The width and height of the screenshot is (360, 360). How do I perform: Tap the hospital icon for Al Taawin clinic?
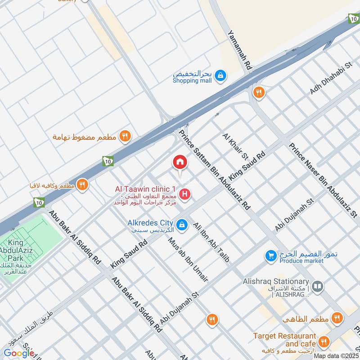coord(184,194)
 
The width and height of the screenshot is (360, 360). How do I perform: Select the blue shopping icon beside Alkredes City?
coord(181,224)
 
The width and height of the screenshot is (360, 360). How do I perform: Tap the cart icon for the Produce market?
coord(270,255)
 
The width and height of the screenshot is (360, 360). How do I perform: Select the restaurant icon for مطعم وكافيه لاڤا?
coord(81,184)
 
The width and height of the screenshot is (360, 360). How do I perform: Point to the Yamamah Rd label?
coord(239,49)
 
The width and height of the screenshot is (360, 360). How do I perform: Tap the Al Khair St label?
coord(235,146)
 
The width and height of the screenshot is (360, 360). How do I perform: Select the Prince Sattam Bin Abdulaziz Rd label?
coord(214,170)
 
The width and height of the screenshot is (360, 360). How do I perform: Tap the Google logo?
coord(18,353)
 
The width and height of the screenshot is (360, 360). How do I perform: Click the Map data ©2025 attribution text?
coord(335,355)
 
